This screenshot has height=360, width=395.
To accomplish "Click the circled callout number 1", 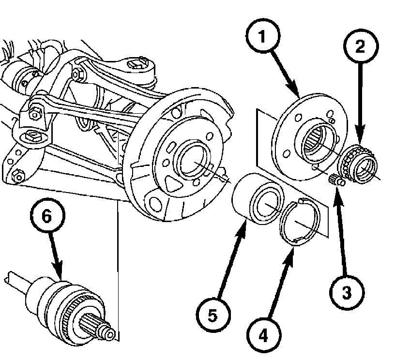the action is click(262, 36).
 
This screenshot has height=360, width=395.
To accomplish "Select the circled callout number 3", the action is click(347, 292).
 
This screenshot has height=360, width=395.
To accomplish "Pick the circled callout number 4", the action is click(263, 336).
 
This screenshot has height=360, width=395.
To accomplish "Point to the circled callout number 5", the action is click(213, 315).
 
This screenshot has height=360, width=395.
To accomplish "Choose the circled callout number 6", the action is click(47, 216).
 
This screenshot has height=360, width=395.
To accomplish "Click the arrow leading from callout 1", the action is click(285, 75).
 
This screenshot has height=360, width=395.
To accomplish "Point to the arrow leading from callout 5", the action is click(231, 259).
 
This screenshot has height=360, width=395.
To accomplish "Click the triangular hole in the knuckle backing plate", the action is click(173, 184).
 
